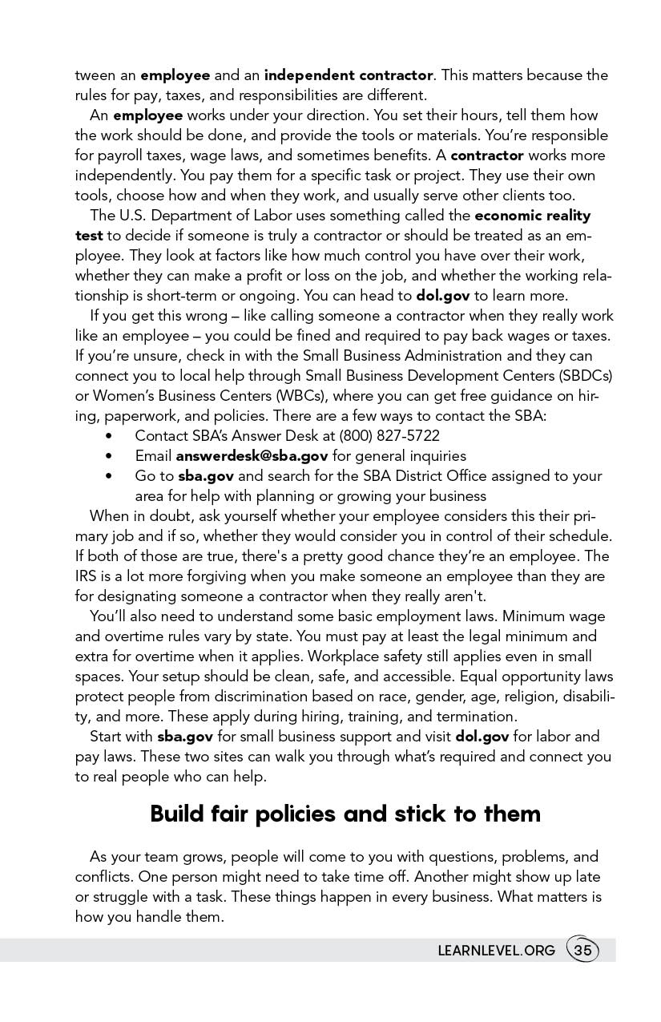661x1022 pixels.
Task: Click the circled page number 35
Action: coord(582,951)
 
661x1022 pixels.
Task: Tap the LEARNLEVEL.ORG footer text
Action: coord(496,951)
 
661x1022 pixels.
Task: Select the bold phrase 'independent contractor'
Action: coord(349,75)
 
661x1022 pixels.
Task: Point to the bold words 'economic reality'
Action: coord(533,216)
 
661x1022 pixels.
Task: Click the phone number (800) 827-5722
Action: coord(389,436)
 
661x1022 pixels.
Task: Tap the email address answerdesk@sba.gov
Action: coord(252,456)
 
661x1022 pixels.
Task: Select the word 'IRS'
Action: coord(86,576)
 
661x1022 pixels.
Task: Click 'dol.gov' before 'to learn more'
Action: coord(443,296)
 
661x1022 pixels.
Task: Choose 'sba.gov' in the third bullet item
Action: coord(206,476)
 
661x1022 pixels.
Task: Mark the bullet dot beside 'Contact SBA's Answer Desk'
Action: coord(108,436)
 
